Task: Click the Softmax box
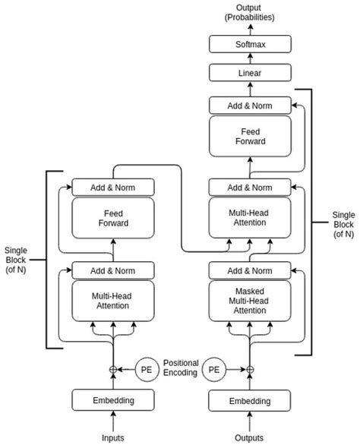coord(249,46)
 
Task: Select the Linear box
coord(249,73)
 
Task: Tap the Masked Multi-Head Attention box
coord(249,301)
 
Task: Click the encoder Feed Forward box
coord(113,219)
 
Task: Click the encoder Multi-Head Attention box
coord(113,301)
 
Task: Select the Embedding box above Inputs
coord(113,400)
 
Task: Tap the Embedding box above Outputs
coord(249,400)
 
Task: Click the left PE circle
coord(147,370)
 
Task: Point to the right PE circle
coord(215,370)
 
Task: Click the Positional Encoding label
coord(181,368)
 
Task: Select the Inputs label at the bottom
coord(113,438)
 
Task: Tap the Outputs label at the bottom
coord(249,438)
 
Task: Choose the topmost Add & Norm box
coord(249,106)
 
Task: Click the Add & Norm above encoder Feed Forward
coord(113,187)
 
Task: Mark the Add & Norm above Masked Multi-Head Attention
coord(249,270)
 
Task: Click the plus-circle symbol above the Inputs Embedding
coord(113,370)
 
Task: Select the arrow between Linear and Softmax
coord(249,59)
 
